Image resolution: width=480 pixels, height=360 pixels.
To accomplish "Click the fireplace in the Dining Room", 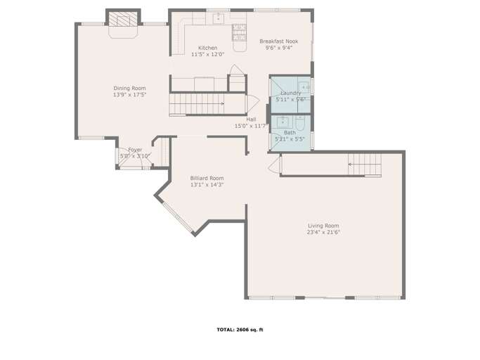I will tap(123, 21).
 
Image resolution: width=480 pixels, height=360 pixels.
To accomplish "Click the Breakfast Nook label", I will tap(278, 41).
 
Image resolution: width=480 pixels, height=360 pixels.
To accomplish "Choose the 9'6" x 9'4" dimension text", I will tap(278, 49).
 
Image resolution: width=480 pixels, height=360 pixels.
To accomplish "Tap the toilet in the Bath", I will tap(299, 126).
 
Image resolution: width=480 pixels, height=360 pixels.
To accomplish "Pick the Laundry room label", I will tap(290, 93).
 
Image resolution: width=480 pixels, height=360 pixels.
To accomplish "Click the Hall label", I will tap(251, 120).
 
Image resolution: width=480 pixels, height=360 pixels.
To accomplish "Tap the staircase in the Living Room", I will tap(365, 165).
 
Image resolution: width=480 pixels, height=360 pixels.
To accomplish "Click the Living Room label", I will tap(323, 225).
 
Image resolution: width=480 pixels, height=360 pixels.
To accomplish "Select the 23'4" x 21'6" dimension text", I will tap(323, 232).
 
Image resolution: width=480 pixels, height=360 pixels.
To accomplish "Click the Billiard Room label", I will tap(207, 179).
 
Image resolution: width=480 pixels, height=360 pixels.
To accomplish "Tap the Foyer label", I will tap(134, 150).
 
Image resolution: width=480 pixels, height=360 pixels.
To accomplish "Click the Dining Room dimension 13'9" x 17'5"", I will tap(129, 95).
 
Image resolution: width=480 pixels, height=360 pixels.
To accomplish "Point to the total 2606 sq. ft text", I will tap(240, 330).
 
